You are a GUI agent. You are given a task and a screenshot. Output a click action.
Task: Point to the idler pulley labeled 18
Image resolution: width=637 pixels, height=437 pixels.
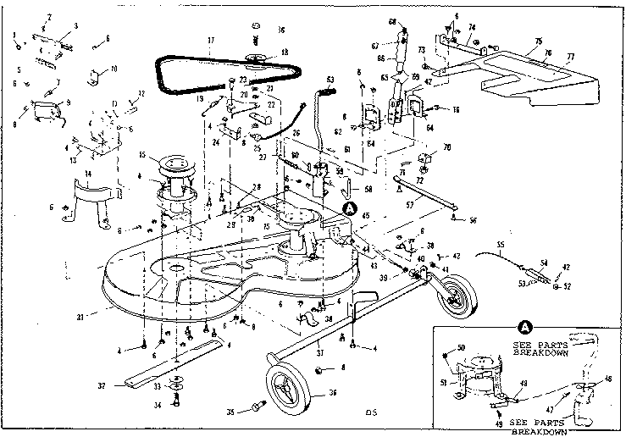pyautogui.click(x=253, y=58)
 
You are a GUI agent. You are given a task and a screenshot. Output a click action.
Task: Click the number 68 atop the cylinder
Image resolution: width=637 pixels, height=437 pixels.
pyautogui.click(x=392, y=20)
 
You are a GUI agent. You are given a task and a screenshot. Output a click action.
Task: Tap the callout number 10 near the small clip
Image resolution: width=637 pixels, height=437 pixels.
pyautogui.click(x=114, y=68)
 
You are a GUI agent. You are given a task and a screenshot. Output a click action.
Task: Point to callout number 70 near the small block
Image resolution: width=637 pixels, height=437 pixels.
pyautogui.click(x=446, y=148)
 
